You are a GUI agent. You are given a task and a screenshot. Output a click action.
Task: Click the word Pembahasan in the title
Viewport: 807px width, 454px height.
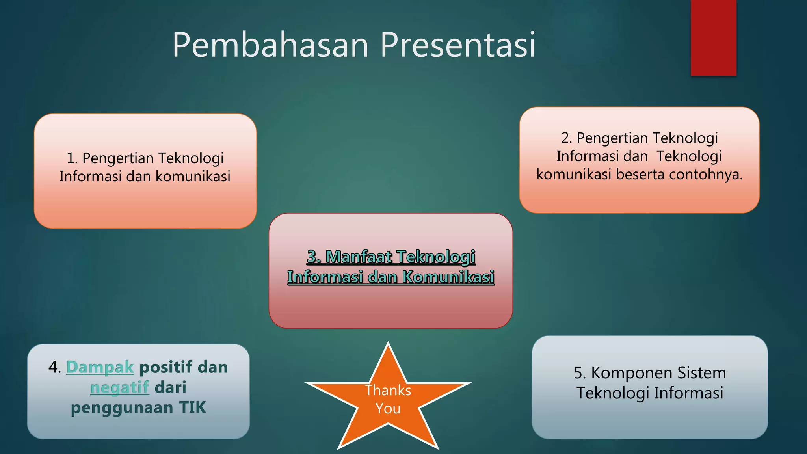270,45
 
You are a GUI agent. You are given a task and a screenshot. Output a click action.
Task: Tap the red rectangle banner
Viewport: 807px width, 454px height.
713,37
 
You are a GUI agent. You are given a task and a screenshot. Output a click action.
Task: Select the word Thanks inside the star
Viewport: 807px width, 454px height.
388,390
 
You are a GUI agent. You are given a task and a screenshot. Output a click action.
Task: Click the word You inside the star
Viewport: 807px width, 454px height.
388,408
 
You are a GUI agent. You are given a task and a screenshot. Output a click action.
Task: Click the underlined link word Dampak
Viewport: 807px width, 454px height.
100,367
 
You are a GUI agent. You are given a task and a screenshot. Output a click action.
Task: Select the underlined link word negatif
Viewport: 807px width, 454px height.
119,387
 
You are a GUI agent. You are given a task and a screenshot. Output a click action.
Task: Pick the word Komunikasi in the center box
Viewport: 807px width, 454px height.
448,277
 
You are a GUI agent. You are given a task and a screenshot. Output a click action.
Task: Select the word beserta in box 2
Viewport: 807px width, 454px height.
640,174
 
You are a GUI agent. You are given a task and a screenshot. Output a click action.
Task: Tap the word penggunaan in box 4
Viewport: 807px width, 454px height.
122,407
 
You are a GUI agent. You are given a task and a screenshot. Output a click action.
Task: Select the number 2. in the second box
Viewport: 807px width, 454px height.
566,138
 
